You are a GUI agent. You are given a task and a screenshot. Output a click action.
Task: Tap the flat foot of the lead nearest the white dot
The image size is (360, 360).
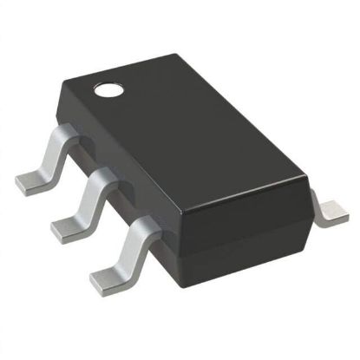[31, 180]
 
